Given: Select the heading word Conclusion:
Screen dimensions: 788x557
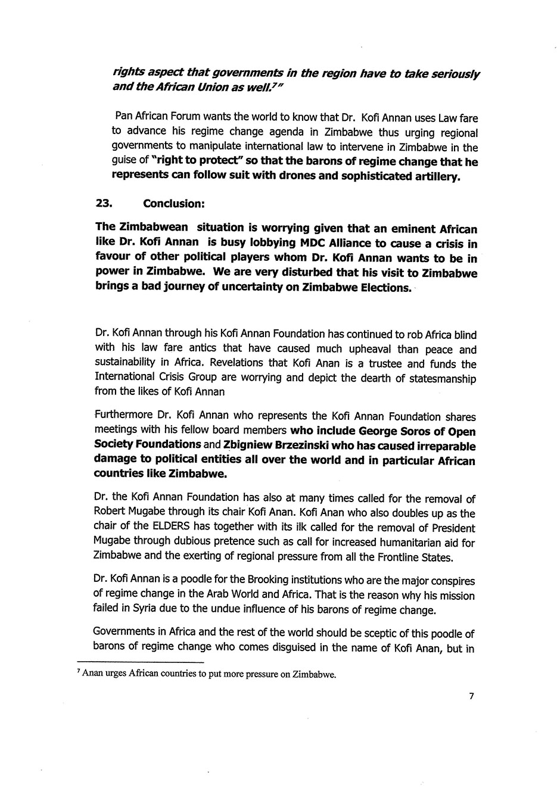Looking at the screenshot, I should tap(174, 203).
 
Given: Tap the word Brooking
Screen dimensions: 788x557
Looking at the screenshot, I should tap(276, 581).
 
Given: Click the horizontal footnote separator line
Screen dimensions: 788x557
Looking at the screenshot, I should tap(141, 663).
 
